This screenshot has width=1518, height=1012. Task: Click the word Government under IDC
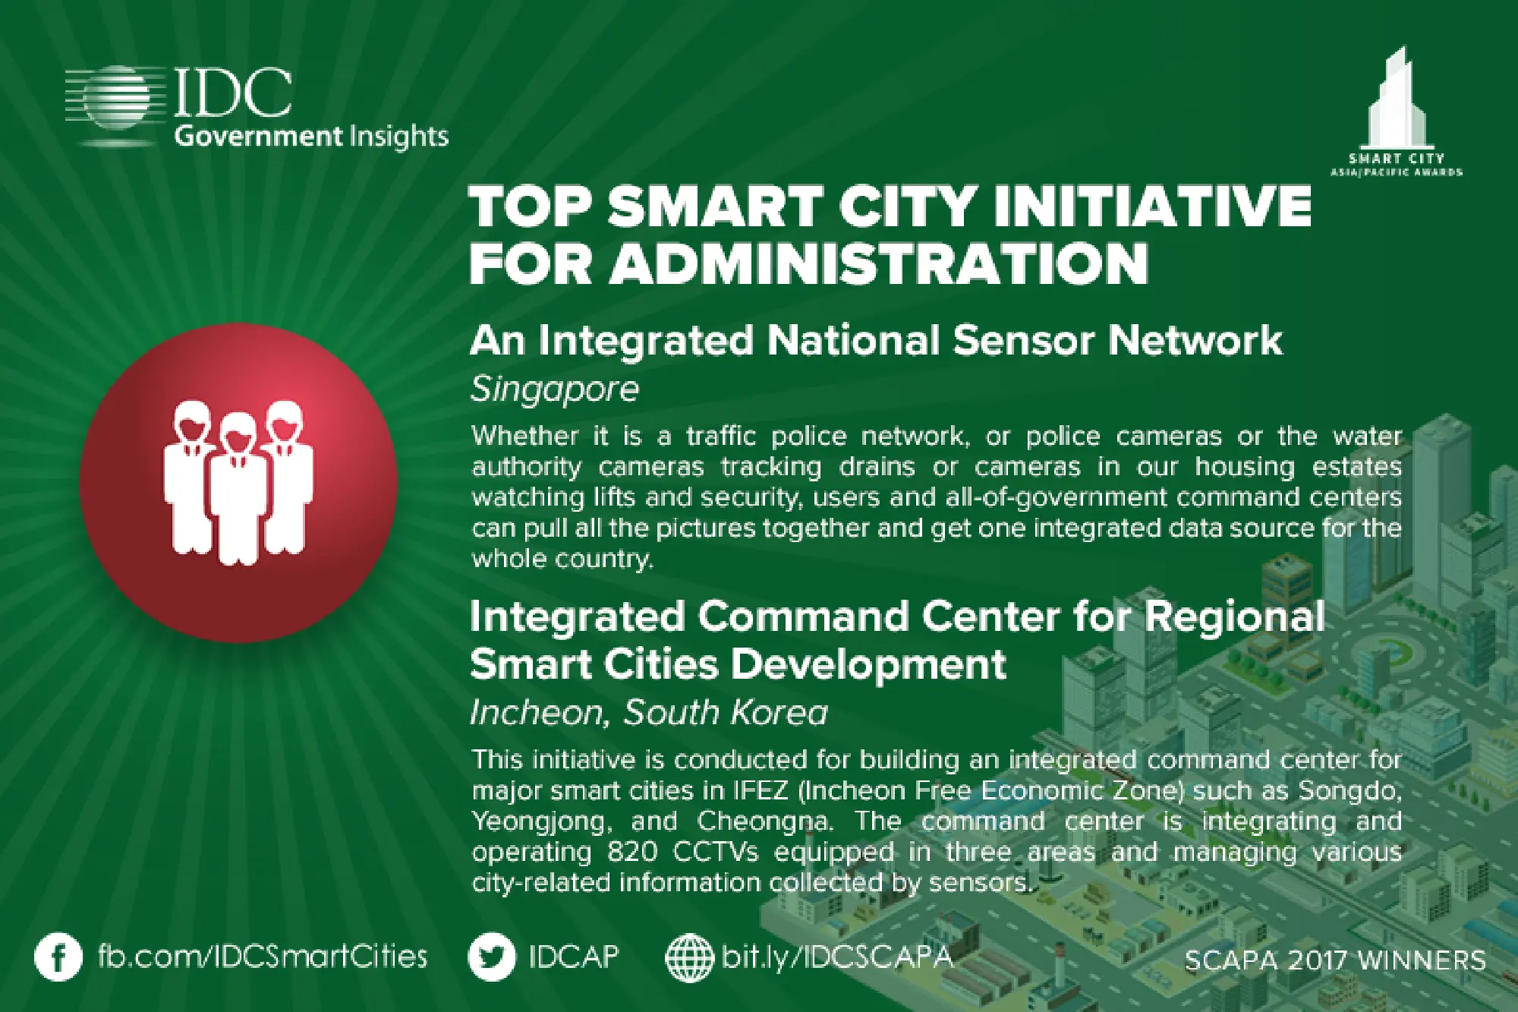tap(258, 137)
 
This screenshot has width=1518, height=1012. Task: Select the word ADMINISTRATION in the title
tap(880, 263)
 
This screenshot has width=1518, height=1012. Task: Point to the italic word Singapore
tap(555, 389)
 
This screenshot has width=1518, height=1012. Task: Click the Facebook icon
tap(58, 958)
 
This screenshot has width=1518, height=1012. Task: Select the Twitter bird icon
tap(492, 957)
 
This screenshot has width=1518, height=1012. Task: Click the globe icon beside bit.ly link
tap(689, 957)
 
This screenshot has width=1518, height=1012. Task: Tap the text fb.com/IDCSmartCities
tap(263, 957)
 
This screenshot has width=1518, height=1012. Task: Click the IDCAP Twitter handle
tap(574, 957)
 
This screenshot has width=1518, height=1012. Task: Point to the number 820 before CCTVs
tap(632, 853)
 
